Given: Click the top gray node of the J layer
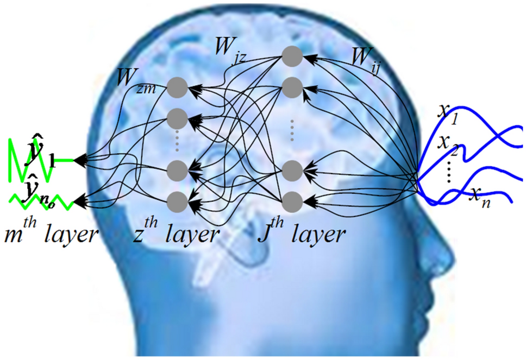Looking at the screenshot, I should coord(292,55).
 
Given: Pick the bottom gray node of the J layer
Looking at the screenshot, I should coord(292,200).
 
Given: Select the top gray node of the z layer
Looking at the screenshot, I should coord(177,86).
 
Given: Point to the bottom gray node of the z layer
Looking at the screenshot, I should coord(177,201).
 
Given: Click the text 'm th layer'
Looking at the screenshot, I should coord(52,234).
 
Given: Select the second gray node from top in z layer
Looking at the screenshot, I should coord(177,117).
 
